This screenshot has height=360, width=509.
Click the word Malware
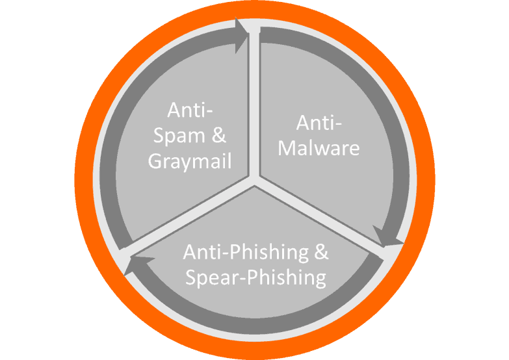pos(319,148)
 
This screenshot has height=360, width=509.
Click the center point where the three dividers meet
pos(255,181)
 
